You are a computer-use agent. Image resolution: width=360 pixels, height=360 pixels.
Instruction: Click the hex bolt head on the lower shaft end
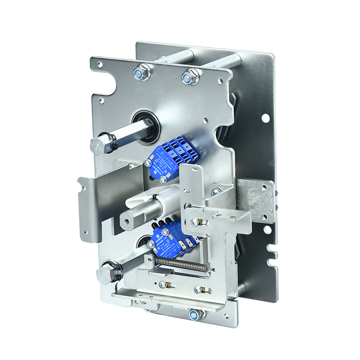[104, 271]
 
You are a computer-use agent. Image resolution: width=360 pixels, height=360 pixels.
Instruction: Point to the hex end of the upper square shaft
[98, 144]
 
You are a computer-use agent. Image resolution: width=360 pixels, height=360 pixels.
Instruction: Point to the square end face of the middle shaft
[128, 221]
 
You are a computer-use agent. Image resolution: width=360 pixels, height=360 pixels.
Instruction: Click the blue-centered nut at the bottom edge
[194, 315]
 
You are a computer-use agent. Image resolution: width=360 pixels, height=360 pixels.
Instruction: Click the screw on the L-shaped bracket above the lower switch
[195, 222]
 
